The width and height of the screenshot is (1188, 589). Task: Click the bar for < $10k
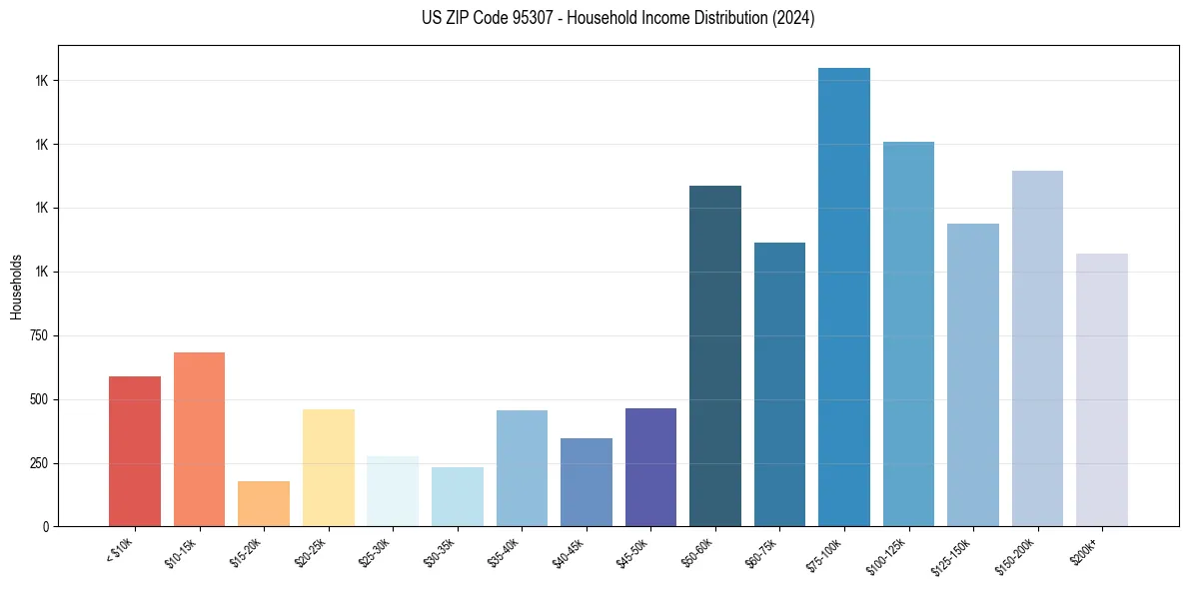pyautogui.click(x=135, y=451)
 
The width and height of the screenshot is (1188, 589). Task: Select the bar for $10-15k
pyautogui.click(x=199, y=439)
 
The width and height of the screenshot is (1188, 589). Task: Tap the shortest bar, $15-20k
pyautogui.click(x=264, y=504)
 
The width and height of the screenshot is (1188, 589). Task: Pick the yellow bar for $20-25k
pyautogui.click(x=329, y=467)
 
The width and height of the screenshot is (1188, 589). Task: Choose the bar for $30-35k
pyautogui.click(x=458, y=496)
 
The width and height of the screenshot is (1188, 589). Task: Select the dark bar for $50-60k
pyautogui.click(x=715, y=356)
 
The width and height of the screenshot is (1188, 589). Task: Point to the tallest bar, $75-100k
pyautogui.click(x=844, y=297)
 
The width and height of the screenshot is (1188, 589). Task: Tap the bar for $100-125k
pyautogui.click(x=908, y=334)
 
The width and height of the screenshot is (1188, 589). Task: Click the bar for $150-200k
pyautogui.click(x=1037, y=348)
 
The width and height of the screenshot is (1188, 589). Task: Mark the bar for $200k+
pyautogui.click(x=1102, y=389)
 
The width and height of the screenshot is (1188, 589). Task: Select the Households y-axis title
pyautogui.click(x=16, y=287)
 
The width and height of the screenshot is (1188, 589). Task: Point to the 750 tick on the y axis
pyautogui.click(x=40, y=335)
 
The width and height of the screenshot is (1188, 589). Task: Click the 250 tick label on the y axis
pyautogui.click(x=40, y=463)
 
